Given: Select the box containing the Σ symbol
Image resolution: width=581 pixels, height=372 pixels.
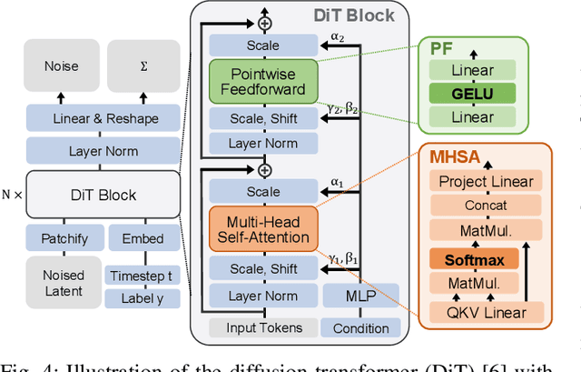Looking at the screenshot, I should [144, 66].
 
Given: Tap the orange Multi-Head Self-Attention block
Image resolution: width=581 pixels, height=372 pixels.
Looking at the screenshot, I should [263, 227].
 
